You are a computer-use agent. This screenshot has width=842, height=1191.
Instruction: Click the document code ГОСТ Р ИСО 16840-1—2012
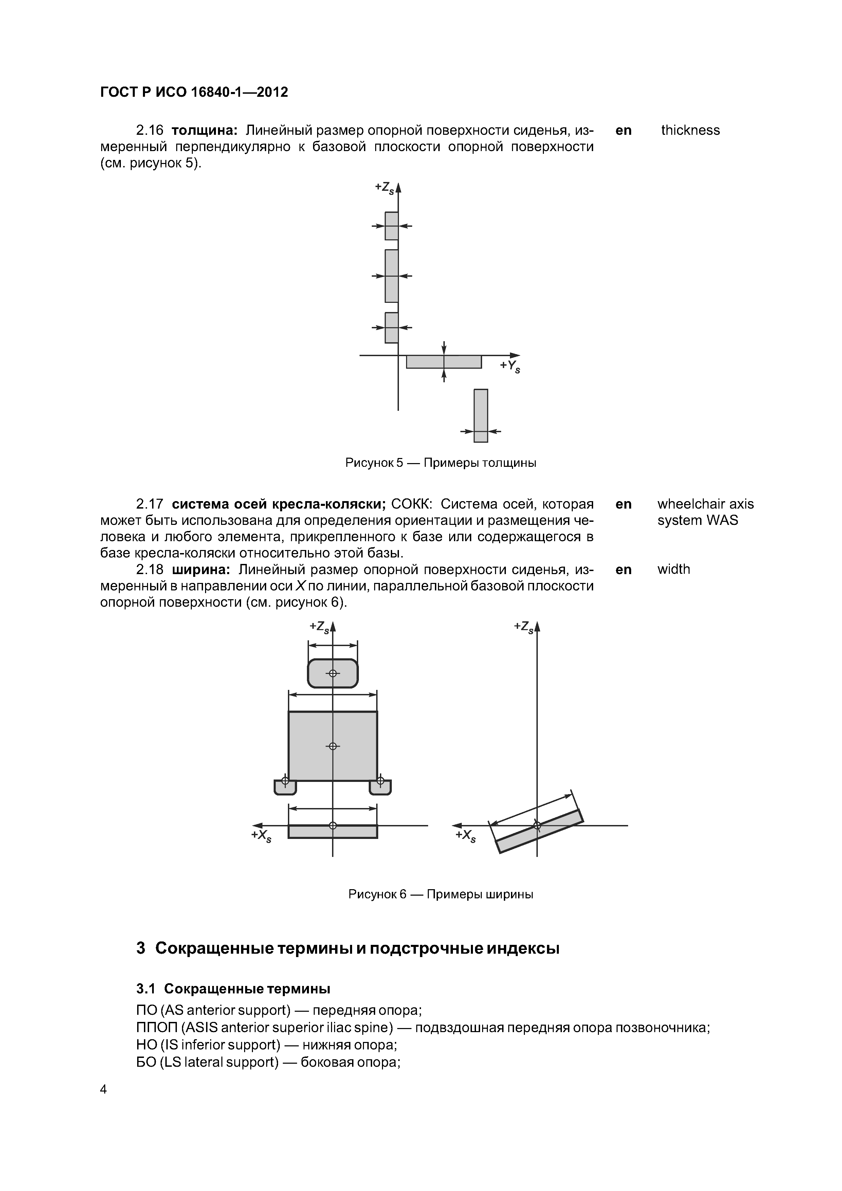coord(194,92)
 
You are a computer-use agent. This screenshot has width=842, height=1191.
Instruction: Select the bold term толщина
coord(204,130)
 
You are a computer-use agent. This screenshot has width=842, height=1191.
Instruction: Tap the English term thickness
coord(690,130)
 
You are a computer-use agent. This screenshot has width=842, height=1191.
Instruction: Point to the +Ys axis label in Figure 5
coord(510,366)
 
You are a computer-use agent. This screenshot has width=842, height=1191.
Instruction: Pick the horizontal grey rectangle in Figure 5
coord(443,362)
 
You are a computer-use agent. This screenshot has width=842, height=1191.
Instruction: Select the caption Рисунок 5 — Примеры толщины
coord(440,463)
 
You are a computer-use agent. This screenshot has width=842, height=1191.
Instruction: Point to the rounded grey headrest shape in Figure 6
coord(332,673)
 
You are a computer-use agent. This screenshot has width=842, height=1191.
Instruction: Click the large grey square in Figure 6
coord(332,746)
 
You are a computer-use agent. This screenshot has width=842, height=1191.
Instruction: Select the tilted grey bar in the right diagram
coord(539,831)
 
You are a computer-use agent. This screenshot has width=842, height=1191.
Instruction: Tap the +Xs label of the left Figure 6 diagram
coord(261,836)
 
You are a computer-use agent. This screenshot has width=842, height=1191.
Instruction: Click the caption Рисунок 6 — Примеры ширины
coord(440,894)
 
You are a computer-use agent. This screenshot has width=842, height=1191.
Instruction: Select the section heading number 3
coord(141,948)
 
